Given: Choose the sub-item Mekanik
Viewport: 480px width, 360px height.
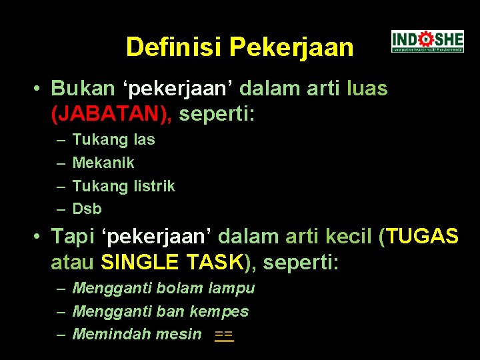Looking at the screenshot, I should (x=103, y=163).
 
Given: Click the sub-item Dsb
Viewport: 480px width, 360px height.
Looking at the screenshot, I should (x=87, y=209).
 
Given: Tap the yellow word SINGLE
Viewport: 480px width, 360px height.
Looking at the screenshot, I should (x=139, y=263).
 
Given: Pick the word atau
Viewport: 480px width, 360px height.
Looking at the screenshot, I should (x=73, y=263).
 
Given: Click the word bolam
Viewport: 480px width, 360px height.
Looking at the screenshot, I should (x=180, y=289).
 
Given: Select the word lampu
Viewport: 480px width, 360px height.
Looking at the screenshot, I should (x=232, y=289).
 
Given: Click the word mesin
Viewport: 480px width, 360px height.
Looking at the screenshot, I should (x=178, y=334).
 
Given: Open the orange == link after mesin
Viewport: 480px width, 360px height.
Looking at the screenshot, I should (x=224, y=335).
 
